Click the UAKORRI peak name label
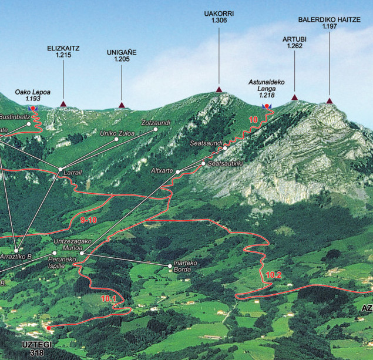(219, 13)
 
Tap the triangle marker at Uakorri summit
(219, 89)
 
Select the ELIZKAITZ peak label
(63, 48)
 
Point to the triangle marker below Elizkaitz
(63, 105)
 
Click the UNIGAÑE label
(122, 52)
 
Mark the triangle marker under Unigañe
(122, 105)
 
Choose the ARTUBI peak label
(294, 39)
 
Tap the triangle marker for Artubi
(294, 97)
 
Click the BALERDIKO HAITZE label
(330, 19)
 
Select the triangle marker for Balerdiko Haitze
(330, 101)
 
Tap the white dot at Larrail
(60, 170)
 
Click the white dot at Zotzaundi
(156, 129)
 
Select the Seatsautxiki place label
(226, 163)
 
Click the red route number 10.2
(274, 274)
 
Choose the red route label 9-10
(88, 220)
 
